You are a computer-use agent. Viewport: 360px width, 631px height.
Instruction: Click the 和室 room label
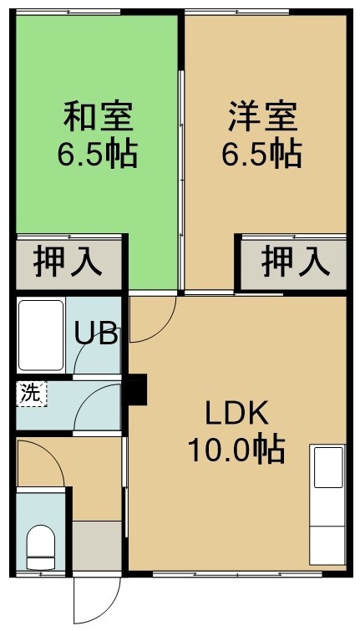(99, 116)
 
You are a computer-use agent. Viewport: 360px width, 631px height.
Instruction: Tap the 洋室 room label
(263, 116)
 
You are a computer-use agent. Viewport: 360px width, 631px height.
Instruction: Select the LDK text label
(237, 414)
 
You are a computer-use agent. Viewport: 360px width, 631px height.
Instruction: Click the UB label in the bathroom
(97, 333)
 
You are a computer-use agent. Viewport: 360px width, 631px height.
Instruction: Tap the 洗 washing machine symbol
(32, 394)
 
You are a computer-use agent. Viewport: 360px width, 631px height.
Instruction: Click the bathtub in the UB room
(41, 335)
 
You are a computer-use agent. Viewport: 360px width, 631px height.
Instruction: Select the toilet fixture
(41, 547)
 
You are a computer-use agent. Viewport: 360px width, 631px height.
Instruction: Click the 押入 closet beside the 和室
(68, 262)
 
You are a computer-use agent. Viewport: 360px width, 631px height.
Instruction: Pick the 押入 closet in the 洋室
(294, 262)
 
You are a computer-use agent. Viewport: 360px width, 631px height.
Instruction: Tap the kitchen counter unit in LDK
(327, 505)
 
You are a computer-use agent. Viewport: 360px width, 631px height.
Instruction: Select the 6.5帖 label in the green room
(98, 154)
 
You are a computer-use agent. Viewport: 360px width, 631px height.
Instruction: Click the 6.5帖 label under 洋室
(262, 154)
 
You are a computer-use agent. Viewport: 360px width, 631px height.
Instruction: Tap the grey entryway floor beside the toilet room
(97, 545)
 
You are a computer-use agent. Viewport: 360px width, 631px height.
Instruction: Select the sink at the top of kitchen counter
(328, 467)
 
